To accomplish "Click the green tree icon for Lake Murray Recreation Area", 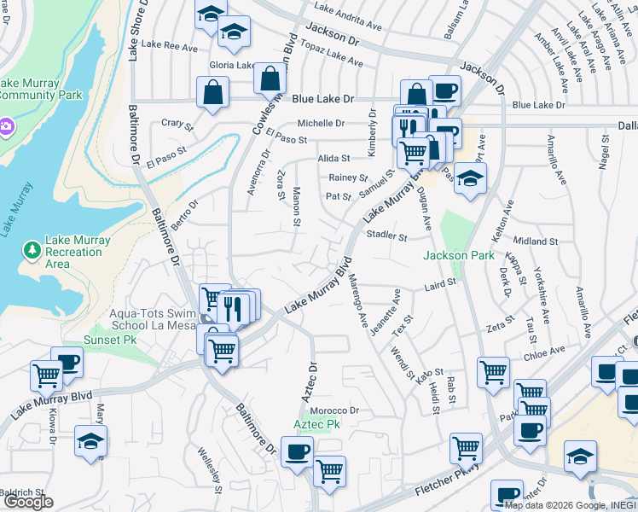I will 32,250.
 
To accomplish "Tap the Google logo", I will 28,502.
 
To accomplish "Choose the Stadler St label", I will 386,235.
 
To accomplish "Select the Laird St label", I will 441,281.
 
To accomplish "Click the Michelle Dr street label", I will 320,123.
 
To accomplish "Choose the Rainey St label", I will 348,177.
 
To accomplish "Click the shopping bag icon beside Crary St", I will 212,93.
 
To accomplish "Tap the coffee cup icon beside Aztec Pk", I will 297,452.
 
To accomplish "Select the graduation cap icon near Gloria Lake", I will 234,32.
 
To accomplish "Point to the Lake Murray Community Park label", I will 41,89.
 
